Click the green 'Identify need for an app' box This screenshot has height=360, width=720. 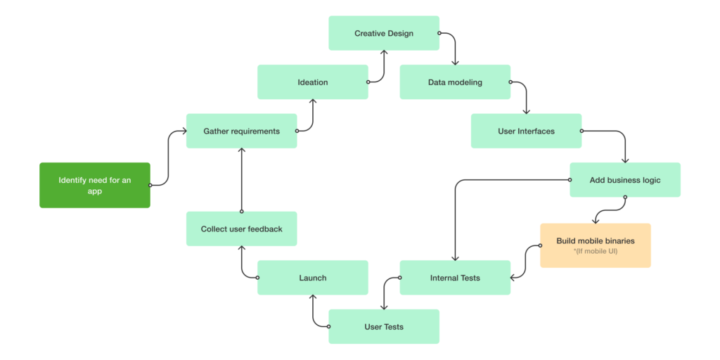(94, 186)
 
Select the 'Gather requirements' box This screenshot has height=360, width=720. (241, 131)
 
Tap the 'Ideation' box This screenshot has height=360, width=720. (312, 82)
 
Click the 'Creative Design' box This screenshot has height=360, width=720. (384, 33)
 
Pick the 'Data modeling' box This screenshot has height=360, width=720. (455, 82)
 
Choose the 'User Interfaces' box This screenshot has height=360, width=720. (526, 131)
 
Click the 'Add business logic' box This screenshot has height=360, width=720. (625, 180)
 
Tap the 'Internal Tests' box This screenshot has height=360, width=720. (455, 278)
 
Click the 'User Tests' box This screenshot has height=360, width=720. (384, 326)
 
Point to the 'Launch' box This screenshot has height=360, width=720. (312, 278)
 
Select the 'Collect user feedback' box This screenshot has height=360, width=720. (241, 229)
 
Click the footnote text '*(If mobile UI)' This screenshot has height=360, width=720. (596, 251)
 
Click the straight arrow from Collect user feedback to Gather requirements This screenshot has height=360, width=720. (241, 180)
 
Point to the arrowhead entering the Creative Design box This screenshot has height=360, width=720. (384, 53)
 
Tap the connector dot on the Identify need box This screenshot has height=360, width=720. (150, 186)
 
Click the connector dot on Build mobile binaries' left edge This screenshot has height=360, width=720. (540, 245)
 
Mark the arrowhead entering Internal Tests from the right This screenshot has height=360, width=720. (514, 278)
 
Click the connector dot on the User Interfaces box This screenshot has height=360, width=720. (581, 131)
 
